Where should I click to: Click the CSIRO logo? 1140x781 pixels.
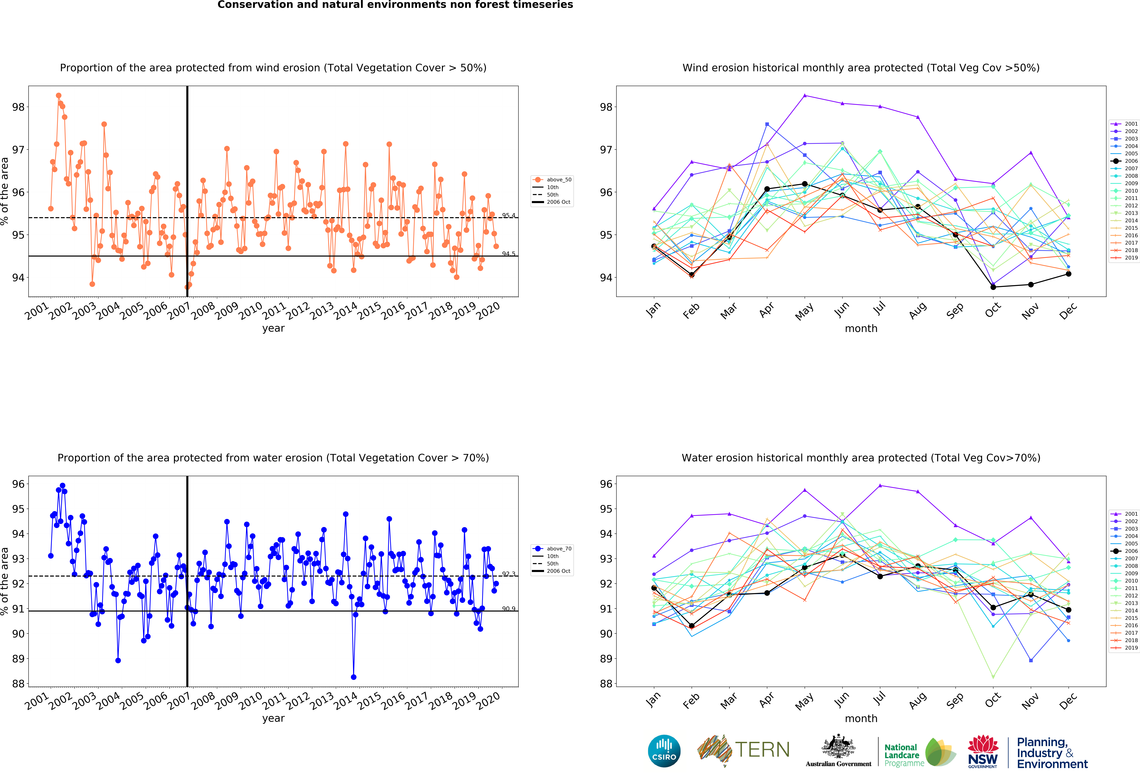click(x=664, y=751)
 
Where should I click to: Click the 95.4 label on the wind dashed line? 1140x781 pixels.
click(x=508, y=215)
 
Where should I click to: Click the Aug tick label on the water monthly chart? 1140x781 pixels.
click(x=917, y=701)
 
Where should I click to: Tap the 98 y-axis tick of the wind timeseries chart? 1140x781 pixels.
click(x=18, y=107)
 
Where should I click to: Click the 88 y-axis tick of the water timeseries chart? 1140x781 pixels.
click(x=18, y=683)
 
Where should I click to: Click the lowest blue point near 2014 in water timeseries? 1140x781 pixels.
click(x=354, y=677)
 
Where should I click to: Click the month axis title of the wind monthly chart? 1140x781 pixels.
click(x=861, y=328)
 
